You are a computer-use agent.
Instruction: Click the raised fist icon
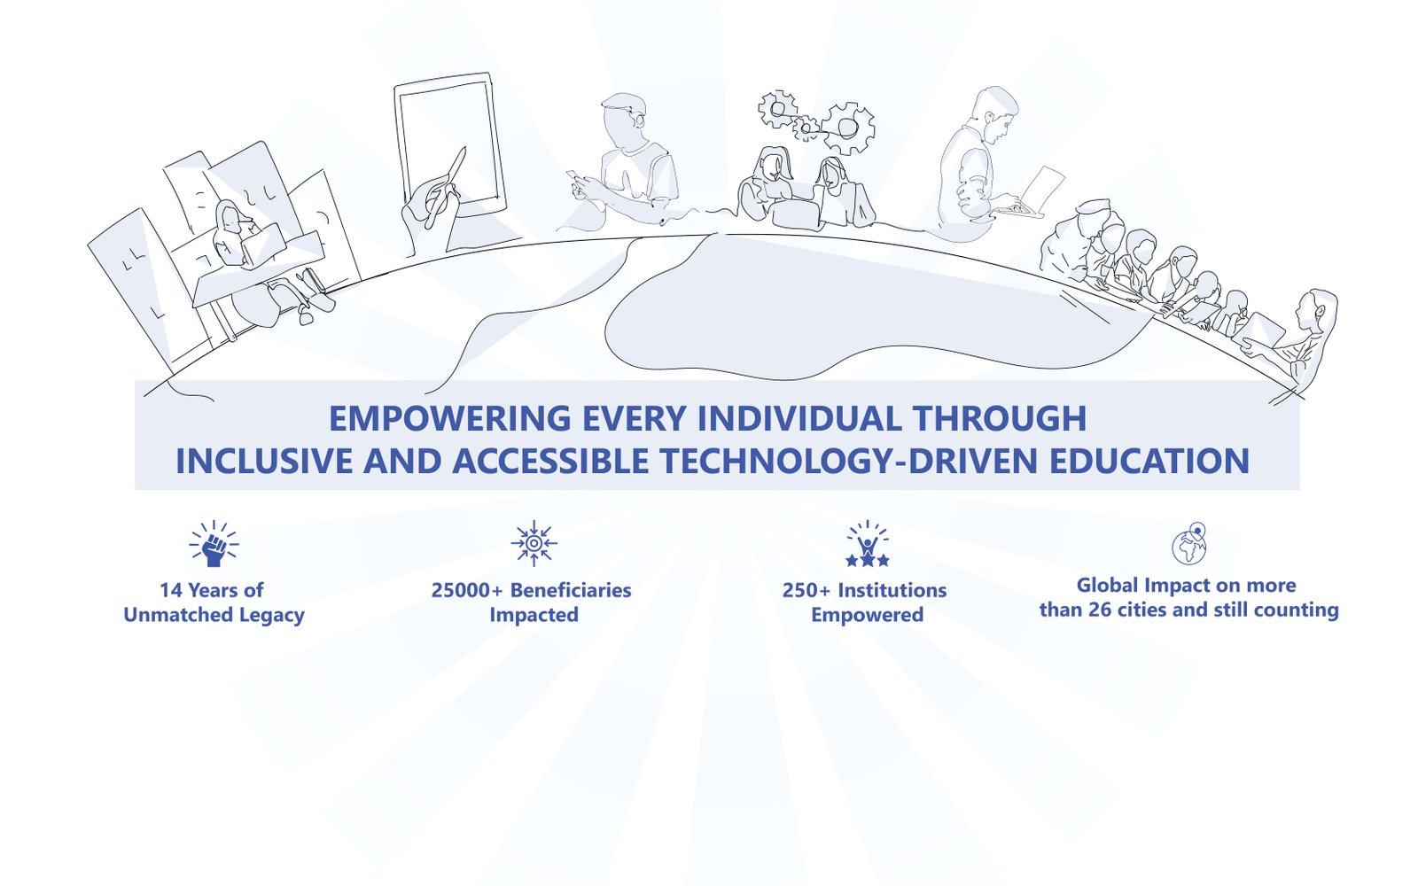[x=214, y=544]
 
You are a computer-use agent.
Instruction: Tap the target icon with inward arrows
[x=534, y=543]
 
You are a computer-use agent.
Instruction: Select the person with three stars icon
[x=868, y=544]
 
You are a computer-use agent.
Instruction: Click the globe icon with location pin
[x=1189, y=543]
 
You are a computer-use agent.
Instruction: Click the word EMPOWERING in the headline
[x=450, y=419]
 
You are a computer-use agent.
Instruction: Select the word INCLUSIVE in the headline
[x=264, y=461]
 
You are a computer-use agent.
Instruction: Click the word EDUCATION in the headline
[x=1149, y=461]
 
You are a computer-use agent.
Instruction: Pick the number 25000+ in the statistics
[x=467, y=590]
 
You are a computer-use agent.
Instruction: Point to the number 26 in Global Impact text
[x=1100, y=610]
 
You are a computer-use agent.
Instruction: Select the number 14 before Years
[x=171, y=590]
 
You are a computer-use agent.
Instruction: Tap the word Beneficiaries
[x=571, y=590]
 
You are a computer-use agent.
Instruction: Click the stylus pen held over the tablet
[x=446, y=187]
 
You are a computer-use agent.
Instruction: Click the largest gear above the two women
[x=848, y=128]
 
